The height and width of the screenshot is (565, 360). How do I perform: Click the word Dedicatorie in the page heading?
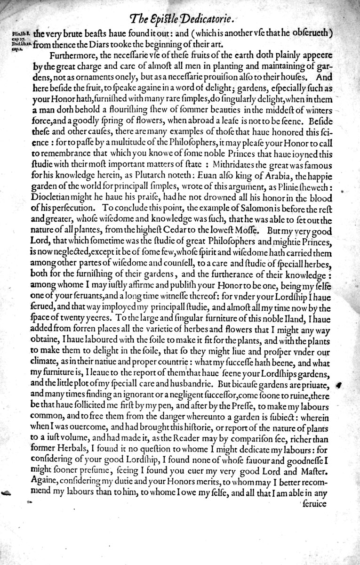203,19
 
